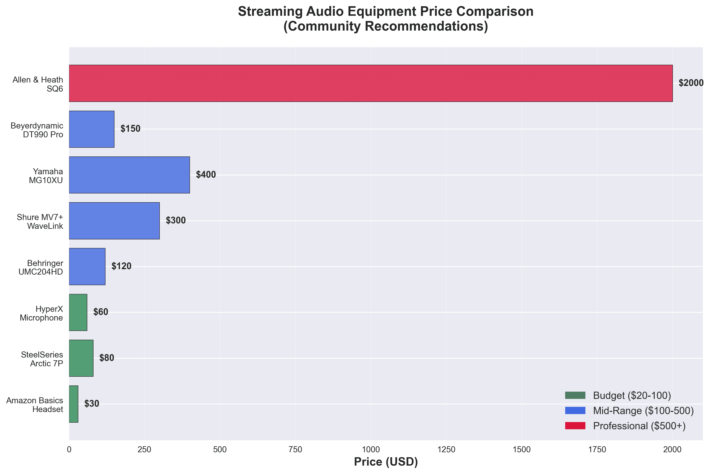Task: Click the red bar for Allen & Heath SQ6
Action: (371, 83)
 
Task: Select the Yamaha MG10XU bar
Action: (129, 175)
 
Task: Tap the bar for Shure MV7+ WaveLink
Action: (114, 221)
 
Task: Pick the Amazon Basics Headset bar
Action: (73, 404)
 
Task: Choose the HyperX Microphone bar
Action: (78, 312)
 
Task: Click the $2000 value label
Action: (691, 83)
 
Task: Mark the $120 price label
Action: (121, 266)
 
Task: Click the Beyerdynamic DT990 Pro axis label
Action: (37, 130)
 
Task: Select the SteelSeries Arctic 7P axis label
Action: (42, 359)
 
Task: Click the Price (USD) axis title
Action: (386, 462)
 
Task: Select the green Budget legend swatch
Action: (575, 395)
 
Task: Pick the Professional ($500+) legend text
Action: (639, 426)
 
